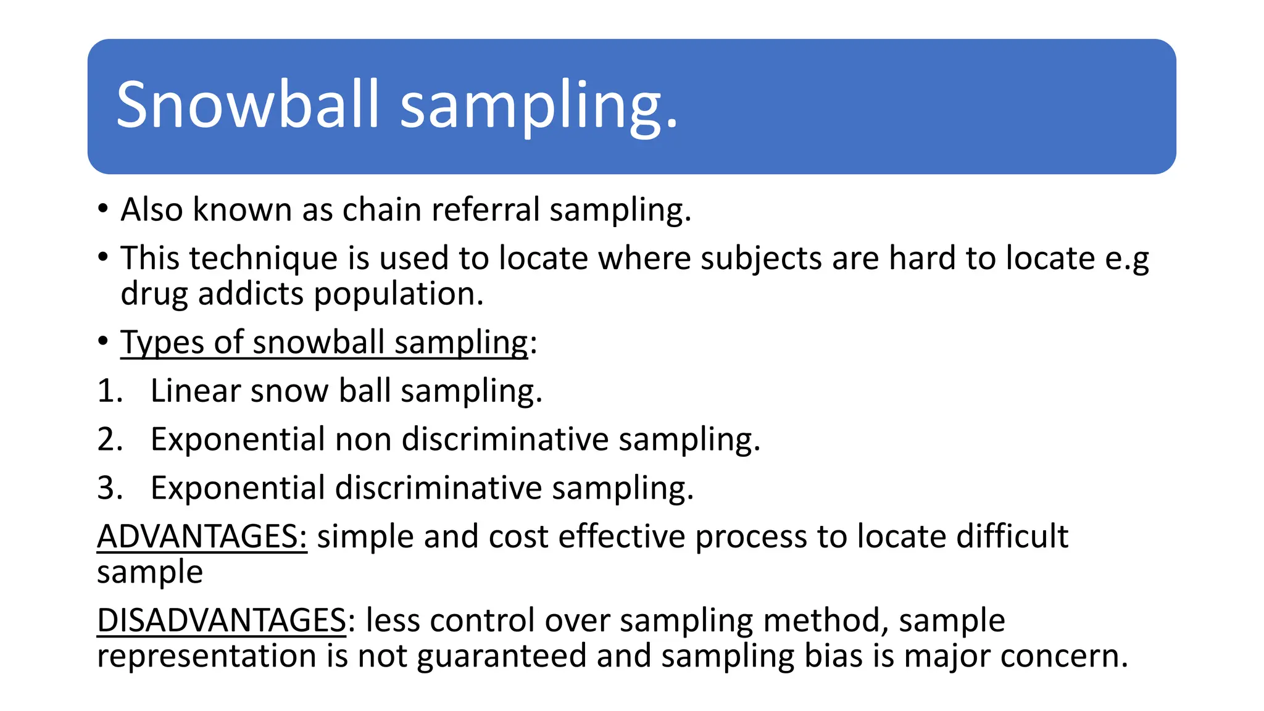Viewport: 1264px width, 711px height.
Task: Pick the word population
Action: (398, 294)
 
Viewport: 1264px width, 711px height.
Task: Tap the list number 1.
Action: (110, 391)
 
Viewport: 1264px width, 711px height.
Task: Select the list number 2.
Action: (110, 439)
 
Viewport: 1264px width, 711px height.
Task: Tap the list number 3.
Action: (110, 488)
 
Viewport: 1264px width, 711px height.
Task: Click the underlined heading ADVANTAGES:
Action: (202, 536)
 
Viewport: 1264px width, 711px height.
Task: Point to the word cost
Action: (518, 536)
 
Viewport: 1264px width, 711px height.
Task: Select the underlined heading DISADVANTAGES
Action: (222, 621)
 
